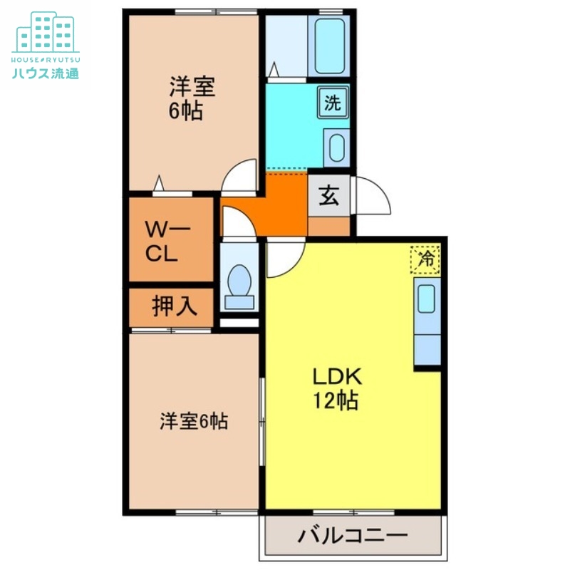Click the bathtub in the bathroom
click(x=331, y=46)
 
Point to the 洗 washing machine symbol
click(x=333, y=103)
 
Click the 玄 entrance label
click(x=328, y=195)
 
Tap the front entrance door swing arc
click(x=373, y=194)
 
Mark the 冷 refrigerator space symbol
click(x=426, y=259)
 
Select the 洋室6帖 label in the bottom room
click(x=193, y=421)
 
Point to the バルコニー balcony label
click(x=353, y=534)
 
